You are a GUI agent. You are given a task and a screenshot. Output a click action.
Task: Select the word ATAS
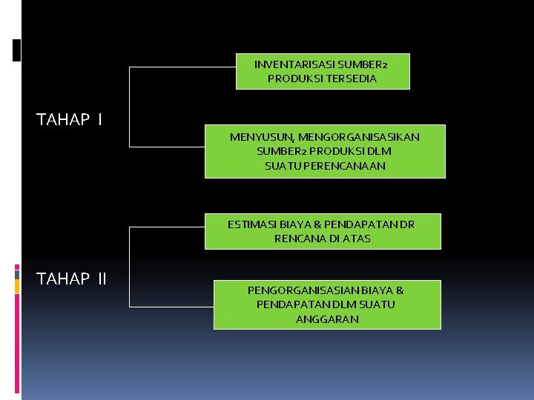pyautogui.click(x=357, y=239)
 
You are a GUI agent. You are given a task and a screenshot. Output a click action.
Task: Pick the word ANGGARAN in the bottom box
pyautogui.click(x=327, y=319)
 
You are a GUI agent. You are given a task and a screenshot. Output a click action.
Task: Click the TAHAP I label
pyautogui.click(x=70, y=119)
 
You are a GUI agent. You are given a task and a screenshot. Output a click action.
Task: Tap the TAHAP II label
pyautogui.click(x=72, y=279)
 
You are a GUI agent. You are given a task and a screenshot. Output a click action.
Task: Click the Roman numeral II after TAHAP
pyautogui.click(x=102, y=279)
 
